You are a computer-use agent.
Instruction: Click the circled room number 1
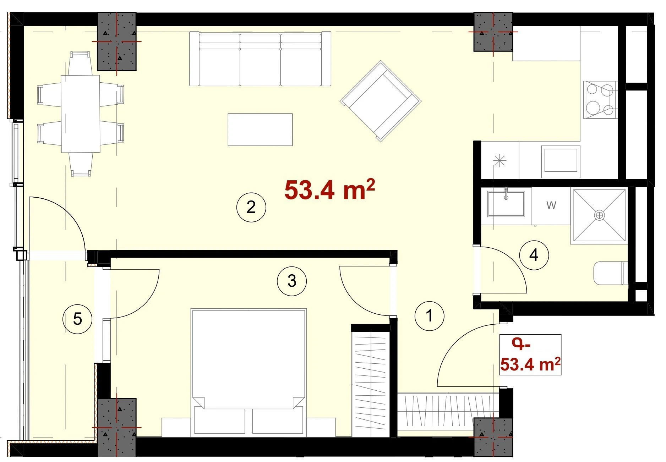pyautogui.click(x=429, y=316)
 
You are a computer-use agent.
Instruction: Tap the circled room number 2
pyautogui.click(x=251, y=207)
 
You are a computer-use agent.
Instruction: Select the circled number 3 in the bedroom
pyautogui.click(x=291, y=281)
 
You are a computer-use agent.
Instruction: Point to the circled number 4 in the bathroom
pyautogui.click(x=534, y=255)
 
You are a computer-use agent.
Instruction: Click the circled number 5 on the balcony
pyautogui.click(x=77, y=319)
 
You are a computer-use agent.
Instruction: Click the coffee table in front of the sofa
pyautogui.click(x=260, y=130)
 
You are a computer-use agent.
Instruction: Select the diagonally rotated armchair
pyautogui.click(x=381, y=101)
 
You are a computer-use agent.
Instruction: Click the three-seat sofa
pyautogui.click(x=260, y=59)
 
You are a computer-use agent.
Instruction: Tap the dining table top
pyautogui.click(x=80, y=114)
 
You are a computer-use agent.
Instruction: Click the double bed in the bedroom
pyautogui.click(x=249, y=373)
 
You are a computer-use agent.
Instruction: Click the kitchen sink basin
pyautogui.click(x=561, y=161)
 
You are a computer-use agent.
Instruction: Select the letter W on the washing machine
pyautogui.click(x=551, y=205)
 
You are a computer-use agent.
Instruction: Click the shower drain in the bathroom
pyautogui.click(x=599, y=215)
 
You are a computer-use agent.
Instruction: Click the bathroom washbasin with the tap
pyautogui.click(x=506, y=204)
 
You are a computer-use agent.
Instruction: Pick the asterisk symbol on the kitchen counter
pyautogui.click(x=499, y=161)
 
